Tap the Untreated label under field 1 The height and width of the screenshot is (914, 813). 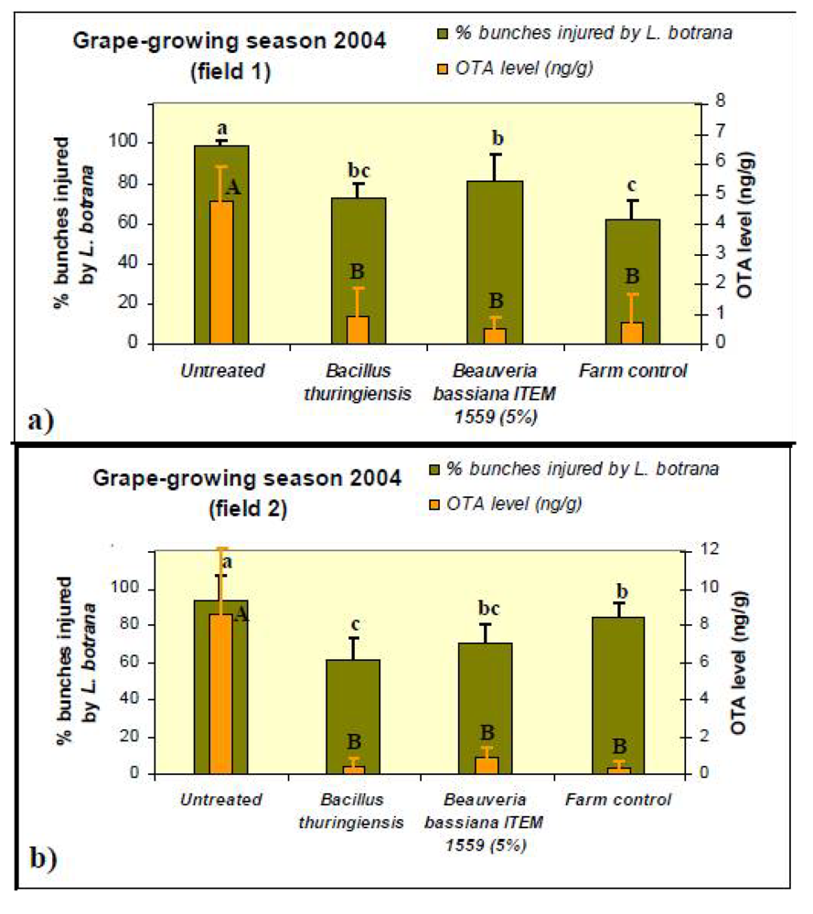click(x=222, y=370)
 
